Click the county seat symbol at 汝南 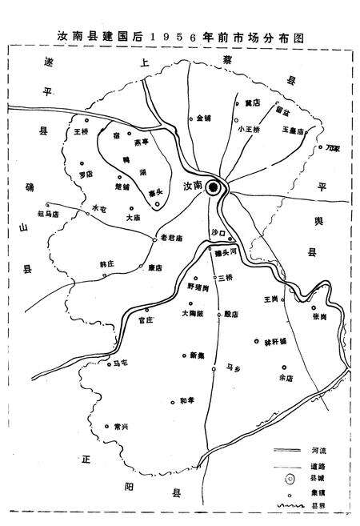(x=213, y=187)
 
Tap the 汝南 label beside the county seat (x=193, y=187)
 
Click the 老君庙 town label (x=172, y=238)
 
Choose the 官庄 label (x=145, y=320)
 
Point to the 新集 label (x=197, y=354)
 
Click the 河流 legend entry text (x=326, y=451)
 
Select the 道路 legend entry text (x=326, y=465)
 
